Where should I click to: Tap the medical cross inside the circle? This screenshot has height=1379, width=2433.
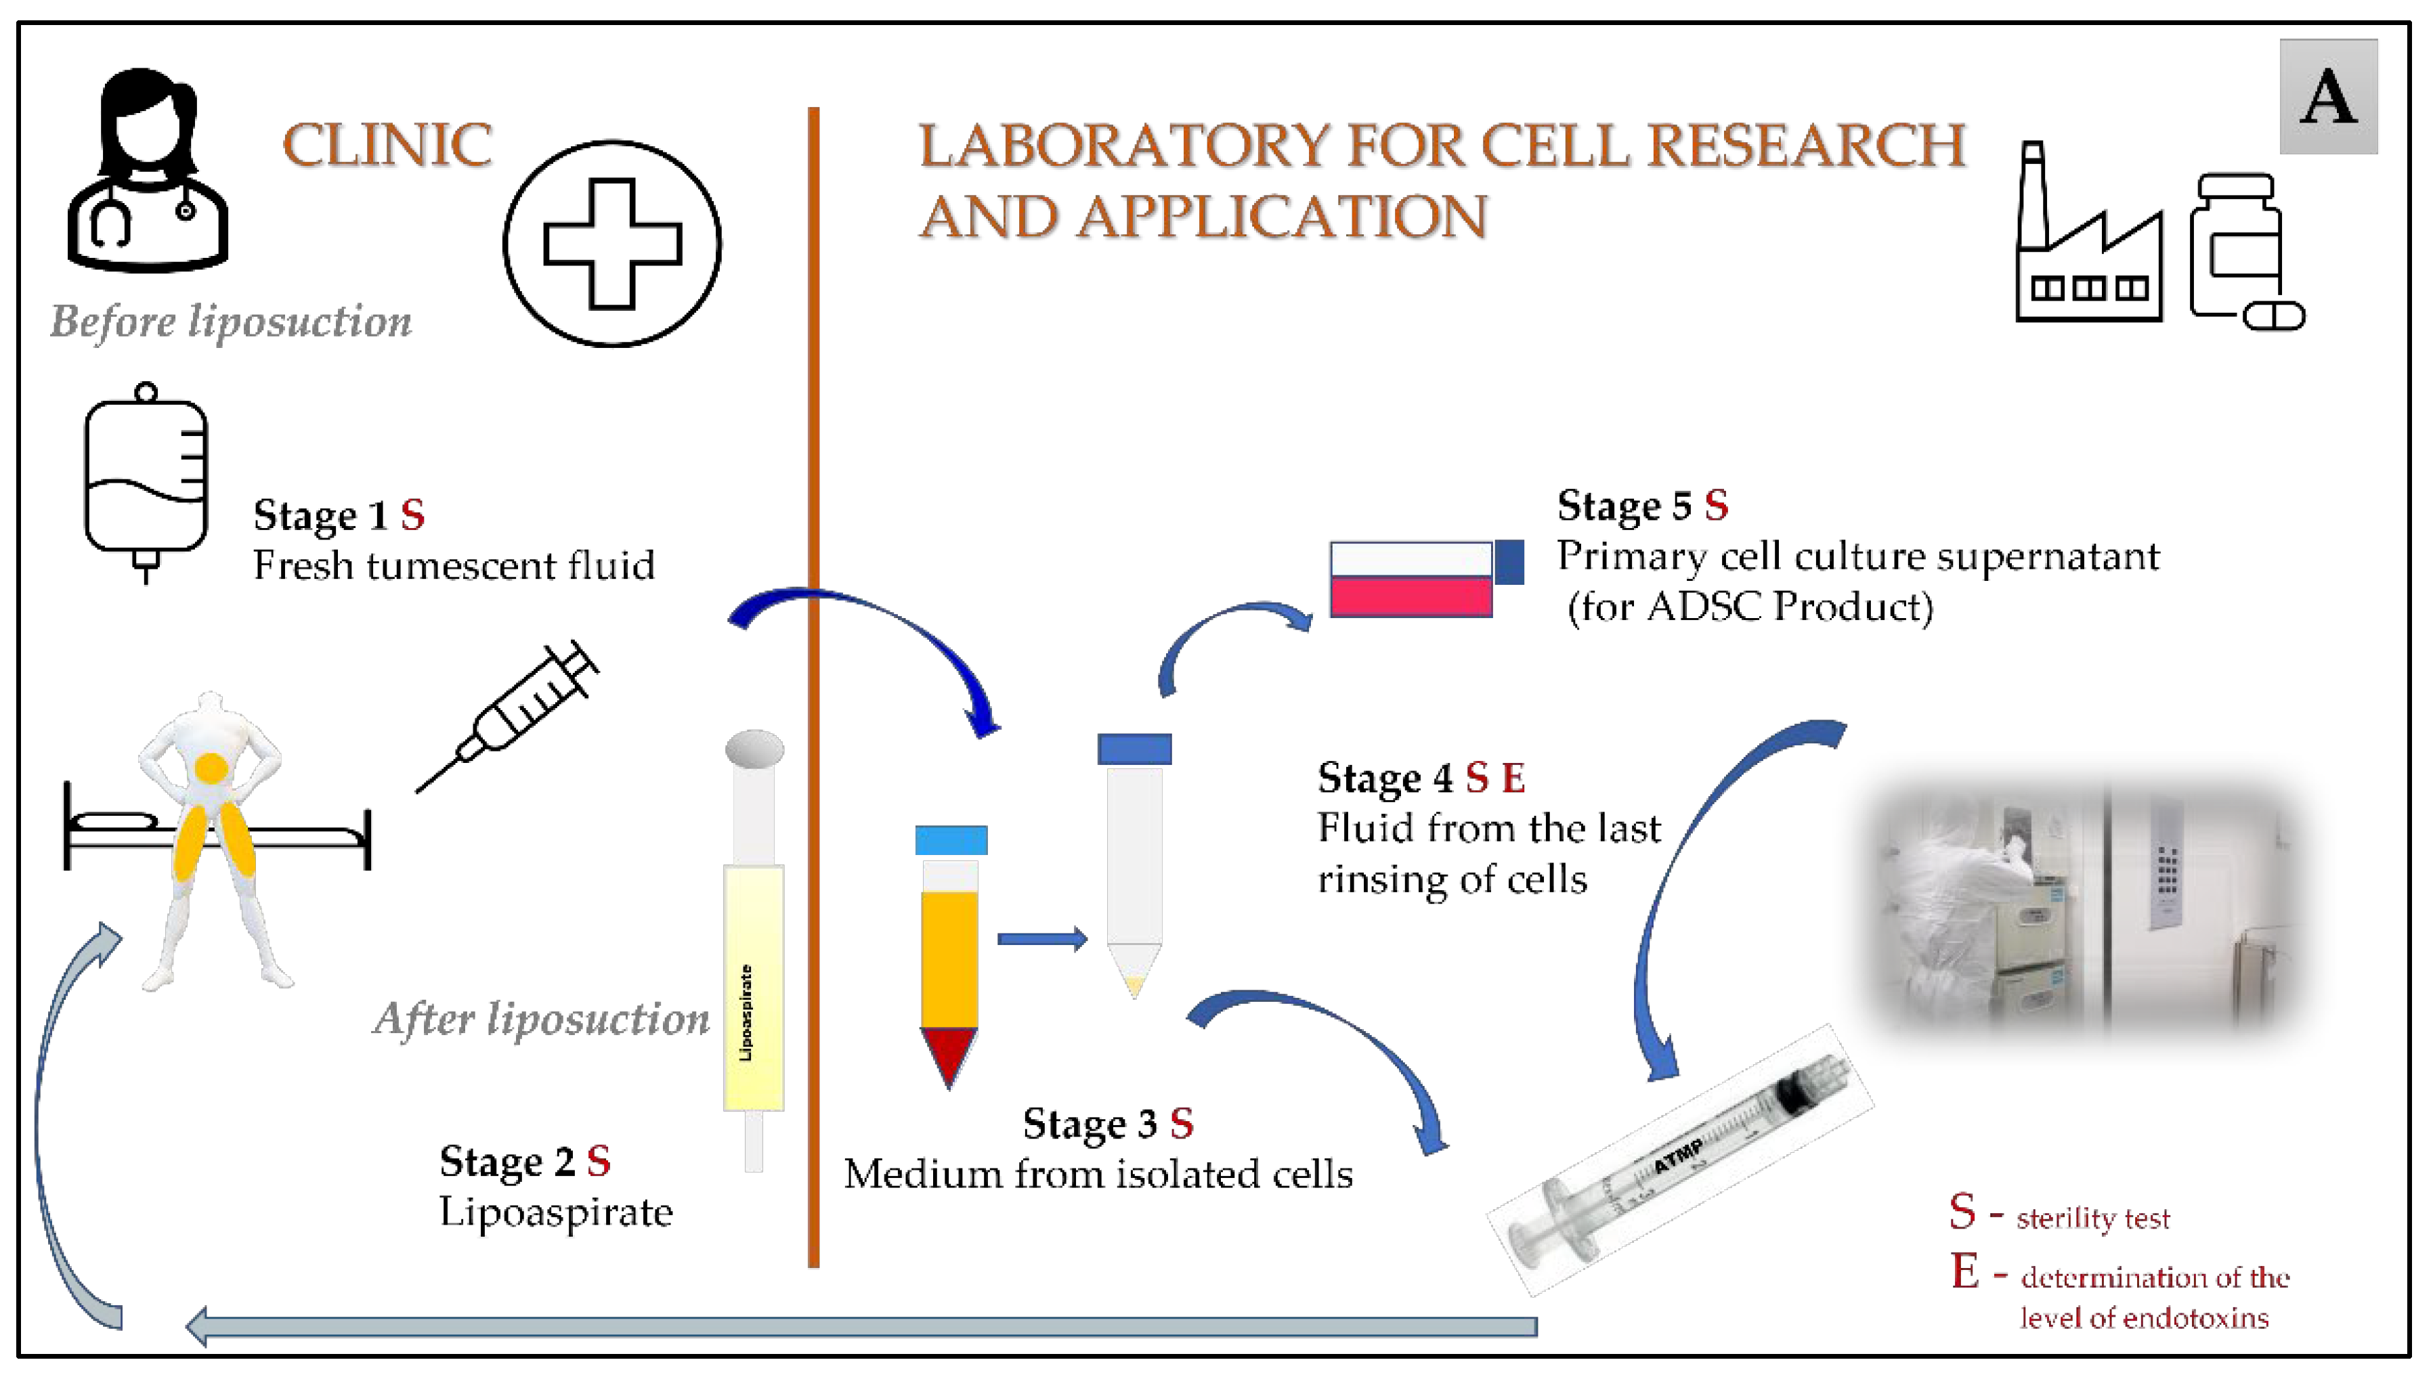[611, 244]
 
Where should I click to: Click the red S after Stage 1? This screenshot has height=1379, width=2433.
[412, 515]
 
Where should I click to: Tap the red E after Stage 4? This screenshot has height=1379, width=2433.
[1513, 779]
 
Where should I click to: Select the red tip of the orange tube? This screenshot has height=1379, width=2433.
[948, 1052]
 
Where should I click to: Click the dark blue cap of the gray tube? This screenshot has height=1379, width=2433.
[1134, 748]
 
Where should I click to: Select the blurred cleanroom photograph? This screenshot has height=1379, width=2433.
[2088, 909]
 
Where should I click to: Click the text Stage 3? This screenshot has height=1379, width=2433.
[1089, 1124]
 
